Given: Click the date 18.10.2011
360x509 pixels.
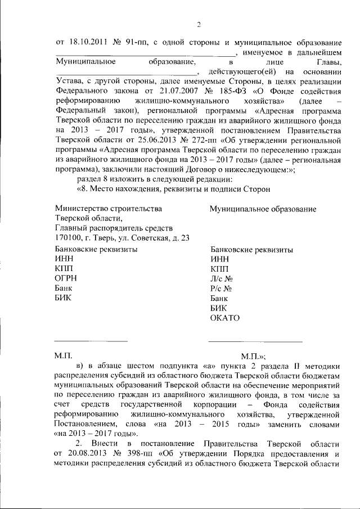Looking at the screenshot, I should (x=87, y=43).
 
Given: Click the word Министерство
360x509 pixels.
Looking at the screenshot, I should (x=83, y=209).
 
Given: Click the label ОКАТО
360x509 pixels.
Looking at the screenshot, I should (x=225, y=318).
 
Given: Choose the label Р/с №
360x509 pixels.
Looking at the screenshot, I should (x=221, y=288).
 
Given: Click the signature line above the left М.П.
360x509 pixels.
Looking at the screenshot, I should (x=91, y=341).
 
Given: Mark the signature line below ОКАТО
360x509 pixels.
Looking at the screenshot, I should (x=255, y=341).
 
